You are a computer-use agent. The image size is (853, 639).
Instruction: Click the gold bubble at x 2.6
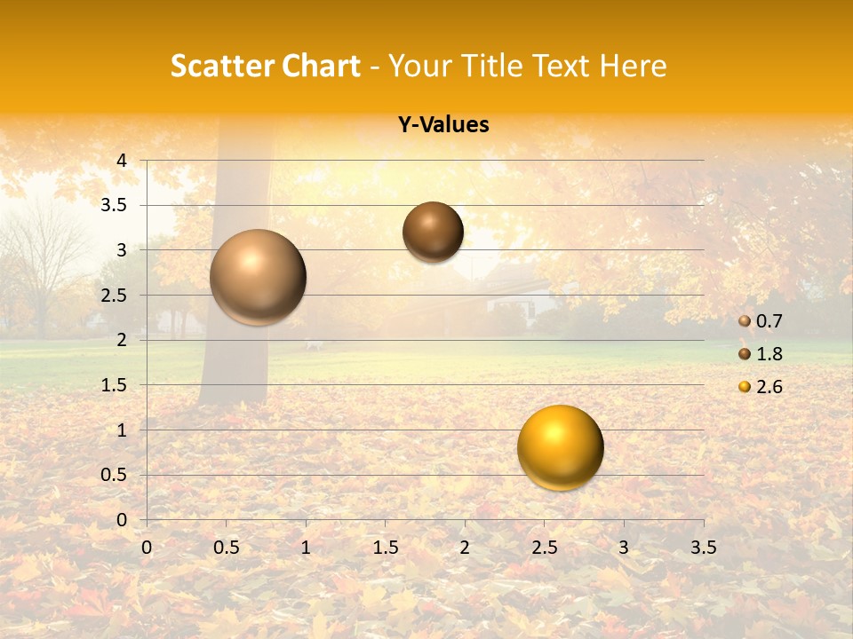(561, 447)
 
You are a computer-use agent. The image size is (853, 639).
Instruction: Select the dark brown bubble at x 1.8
(433, 232)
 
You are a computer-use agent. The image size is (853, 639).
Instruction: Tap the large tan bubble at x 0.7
(258, 277)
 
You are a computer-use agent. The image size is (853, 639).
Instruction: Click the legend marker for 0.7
(745, 321)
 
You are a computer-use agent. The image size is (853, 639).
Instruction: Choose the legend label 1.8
(769, 354)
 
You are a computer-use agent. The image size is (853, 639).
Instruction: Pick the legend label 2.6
(769, 387)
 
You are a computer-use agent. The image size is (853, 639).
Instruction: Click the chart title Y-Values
(443, 125)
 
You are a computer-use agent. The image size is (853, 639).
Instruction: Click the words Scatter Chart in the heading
(266, 66)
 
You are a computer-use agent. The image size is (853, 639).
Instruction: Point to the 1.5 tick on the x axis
(385, 548)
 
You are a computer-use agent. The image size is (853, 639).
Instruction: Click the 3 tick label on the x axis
(624, 548)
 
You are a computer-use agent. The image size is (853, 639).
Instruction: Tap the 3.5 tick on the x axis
(703, 548)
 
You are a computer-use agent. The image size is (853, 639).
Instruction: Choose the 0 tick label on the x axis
(147, 548)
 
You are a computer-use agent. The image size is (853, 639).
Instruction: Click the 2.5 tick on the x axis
(544, 548)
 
